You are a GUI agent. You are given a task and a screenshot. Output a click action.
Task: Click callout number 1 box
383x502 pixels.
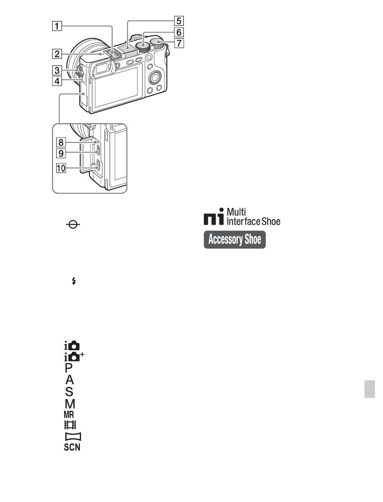57,26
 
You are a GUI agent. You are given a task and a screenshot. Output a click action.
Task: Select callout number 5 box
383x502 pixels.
179,21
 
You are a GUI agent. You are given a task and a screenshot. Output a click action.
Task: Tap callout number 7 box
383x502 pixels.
179,43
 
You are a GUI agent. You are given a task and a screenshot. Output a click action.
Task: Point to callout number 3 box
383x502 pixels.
57,70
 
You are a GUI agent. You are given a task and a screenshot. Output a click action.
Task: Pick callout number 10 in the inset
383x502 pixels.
61,168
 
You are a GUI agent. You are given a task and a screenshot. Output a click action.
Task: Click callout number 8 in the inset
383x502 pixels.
61,142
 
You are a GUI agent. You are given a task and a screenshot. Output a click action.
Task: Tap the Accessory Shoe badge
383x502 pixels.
235,239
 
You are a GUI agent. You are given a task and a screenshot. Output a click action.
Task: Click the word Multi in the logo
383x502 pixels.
236,212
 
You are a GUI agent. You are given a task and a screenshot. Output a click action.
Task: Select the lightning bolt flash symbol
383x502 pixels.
73,281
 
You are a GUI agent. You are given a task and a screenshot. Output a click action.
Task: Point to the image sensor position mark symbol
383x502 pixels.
73,225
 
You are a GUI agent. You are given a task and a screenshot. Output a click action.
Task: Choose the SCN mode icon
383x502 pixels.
72,447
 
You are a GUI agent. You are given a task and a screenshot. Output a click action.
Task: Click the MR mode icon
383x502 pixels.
69,414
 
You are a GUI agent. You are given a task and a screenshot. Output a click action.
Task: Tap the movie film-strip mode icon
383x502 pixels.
70,425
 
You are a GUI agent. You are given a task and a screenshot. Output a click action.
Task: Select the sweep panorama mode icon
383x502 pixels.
73,436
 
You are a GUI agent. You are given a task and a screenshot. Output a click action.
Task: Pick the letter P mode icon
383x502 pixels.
69,368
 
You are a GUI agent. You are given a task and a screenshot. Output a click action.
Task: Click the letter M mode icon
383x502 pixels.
70,404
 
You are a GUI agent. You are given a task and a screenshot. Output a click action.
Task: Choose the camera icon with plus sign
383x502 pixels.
74,357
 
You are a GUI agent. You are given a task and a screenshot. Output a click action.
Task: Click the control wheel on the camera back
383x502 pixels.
156,78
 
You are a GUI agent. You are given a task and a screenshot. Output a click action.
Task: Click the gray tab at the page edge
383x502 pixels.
370,389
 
